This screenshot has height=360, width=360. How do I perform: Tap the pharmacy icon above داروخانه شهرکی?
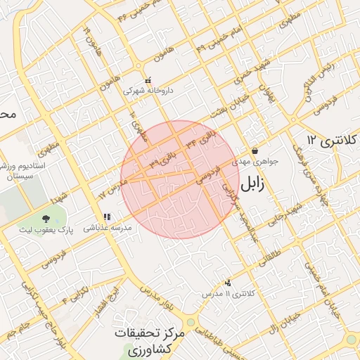point(147,80)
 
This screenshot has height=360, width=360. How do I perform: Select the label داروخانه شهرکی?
point(148,91)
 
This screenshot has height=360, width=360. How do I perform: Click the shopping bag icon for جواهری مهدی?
point(254,150)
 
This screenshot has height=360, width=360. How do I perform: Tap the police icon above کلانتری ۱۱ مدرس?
point(226,283)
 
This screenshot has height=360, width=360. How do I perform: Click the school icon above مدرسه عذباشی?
point(106,217)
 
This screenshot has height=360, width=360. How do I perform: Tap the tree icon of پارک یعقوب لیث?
point(46,219)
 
